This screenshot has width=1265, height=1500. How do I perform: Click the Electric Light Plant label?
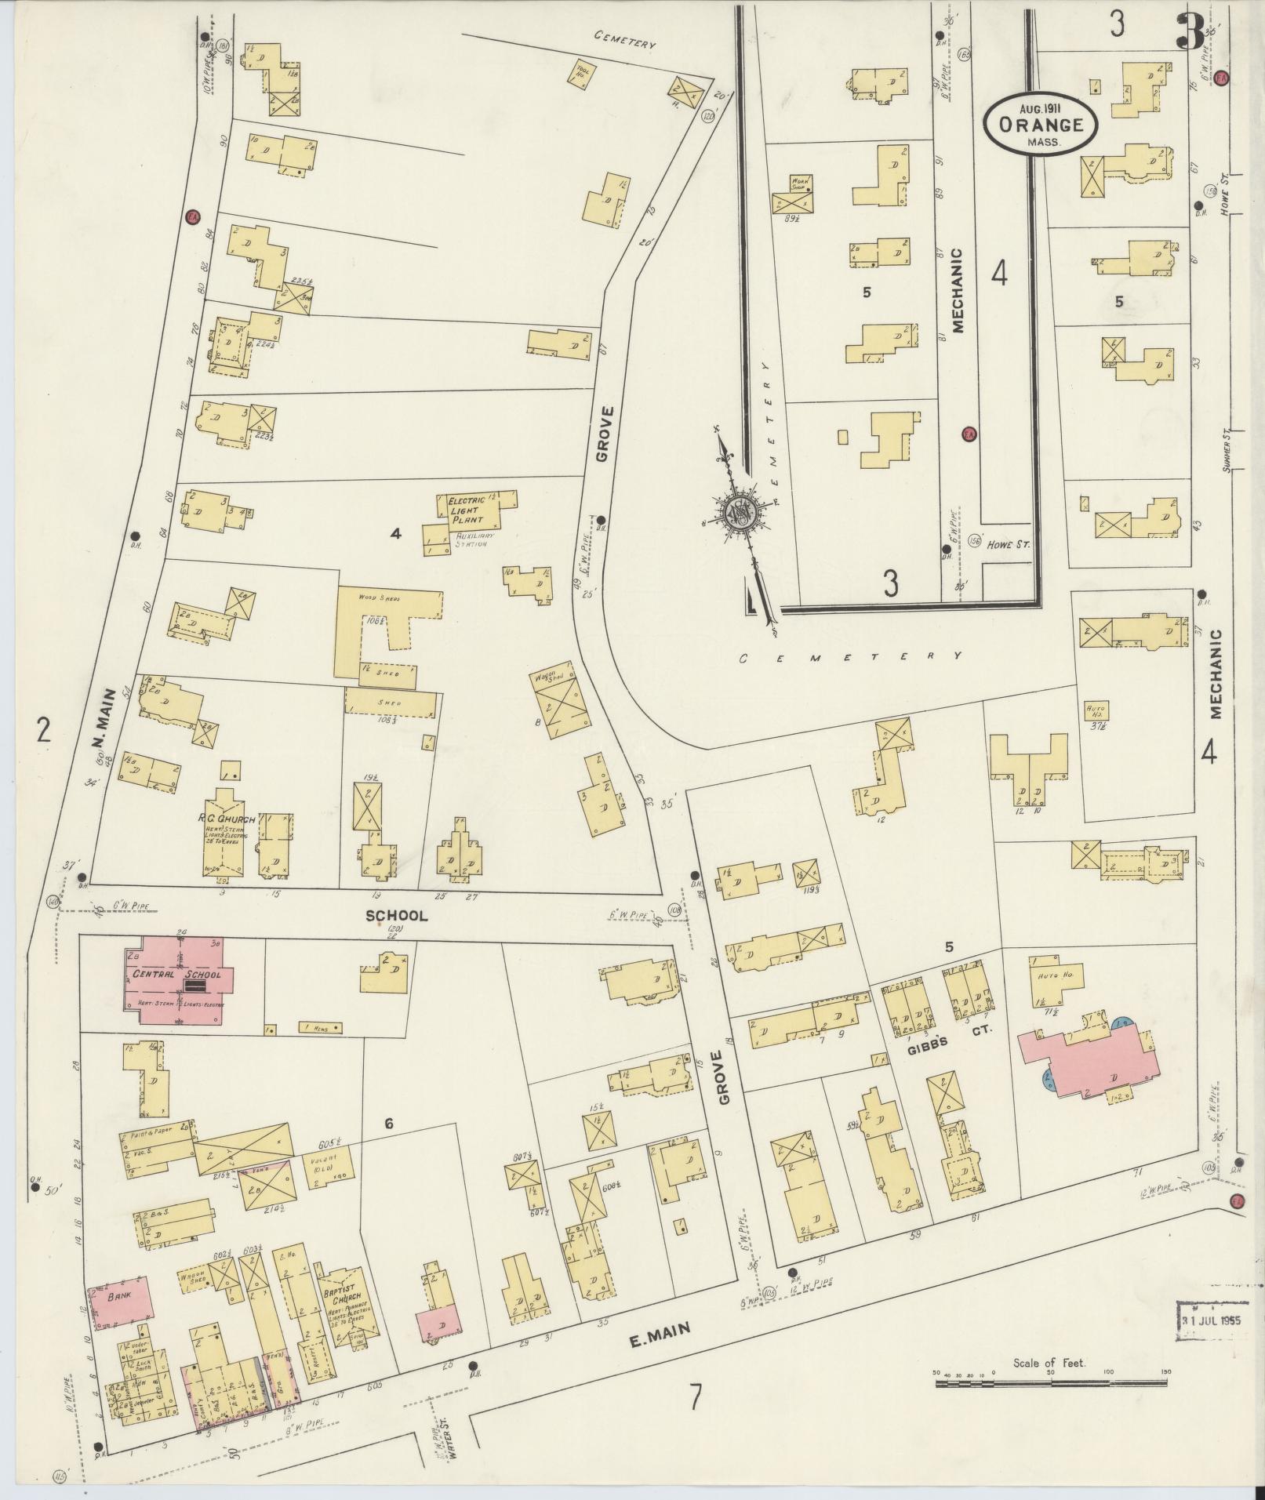[468, 510]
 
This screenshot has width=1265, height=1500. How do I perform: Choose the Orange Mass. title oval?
[1040, 125]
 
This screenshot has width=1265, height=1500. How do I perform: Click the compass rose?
[740, 514]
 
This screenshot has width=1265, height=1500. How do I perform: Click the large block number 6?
[388, 1124]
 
